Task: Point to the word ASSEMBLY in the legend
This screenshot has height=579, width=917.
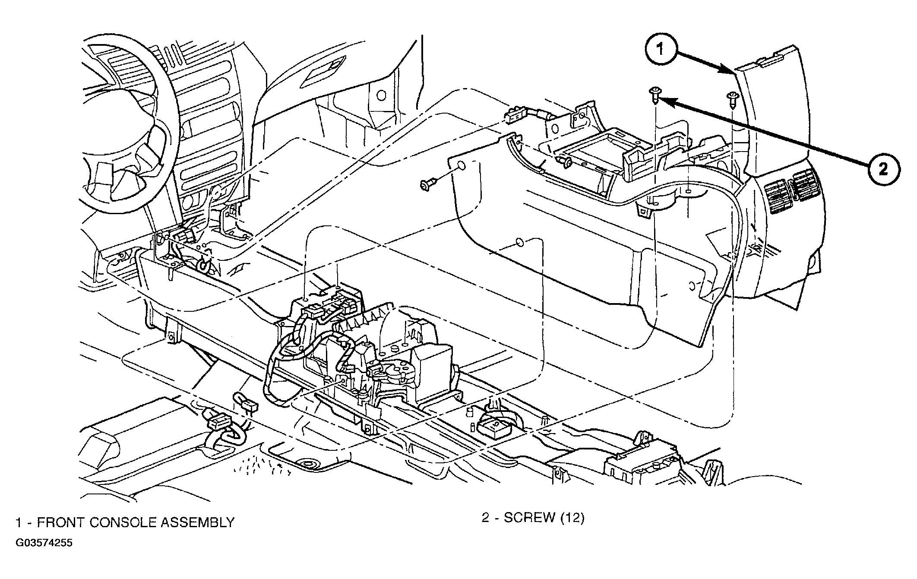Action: pos(197,523)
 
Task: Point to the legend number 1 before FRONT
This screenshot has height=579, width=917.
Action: pos(19,523)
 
